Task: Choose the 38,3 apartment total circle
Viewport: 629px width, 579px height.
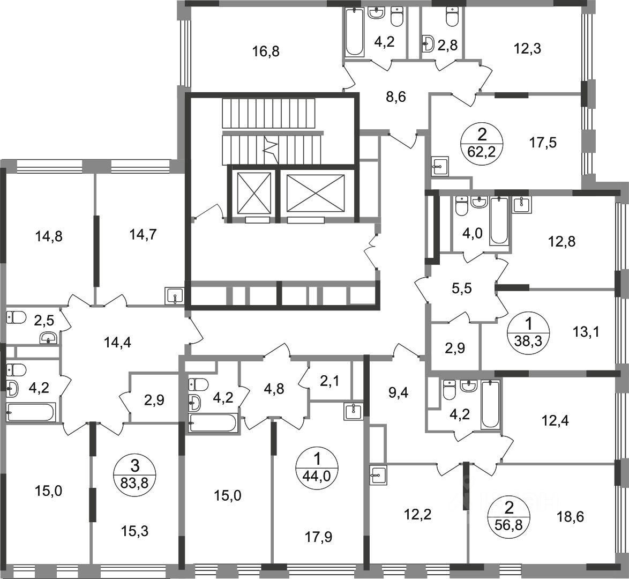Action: coord(528,331)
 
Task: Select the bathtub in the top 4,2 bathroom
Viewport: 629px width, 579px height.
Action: coord(355,32)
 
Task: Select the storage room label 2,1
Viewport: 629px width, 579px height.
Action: coord(330,381)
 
